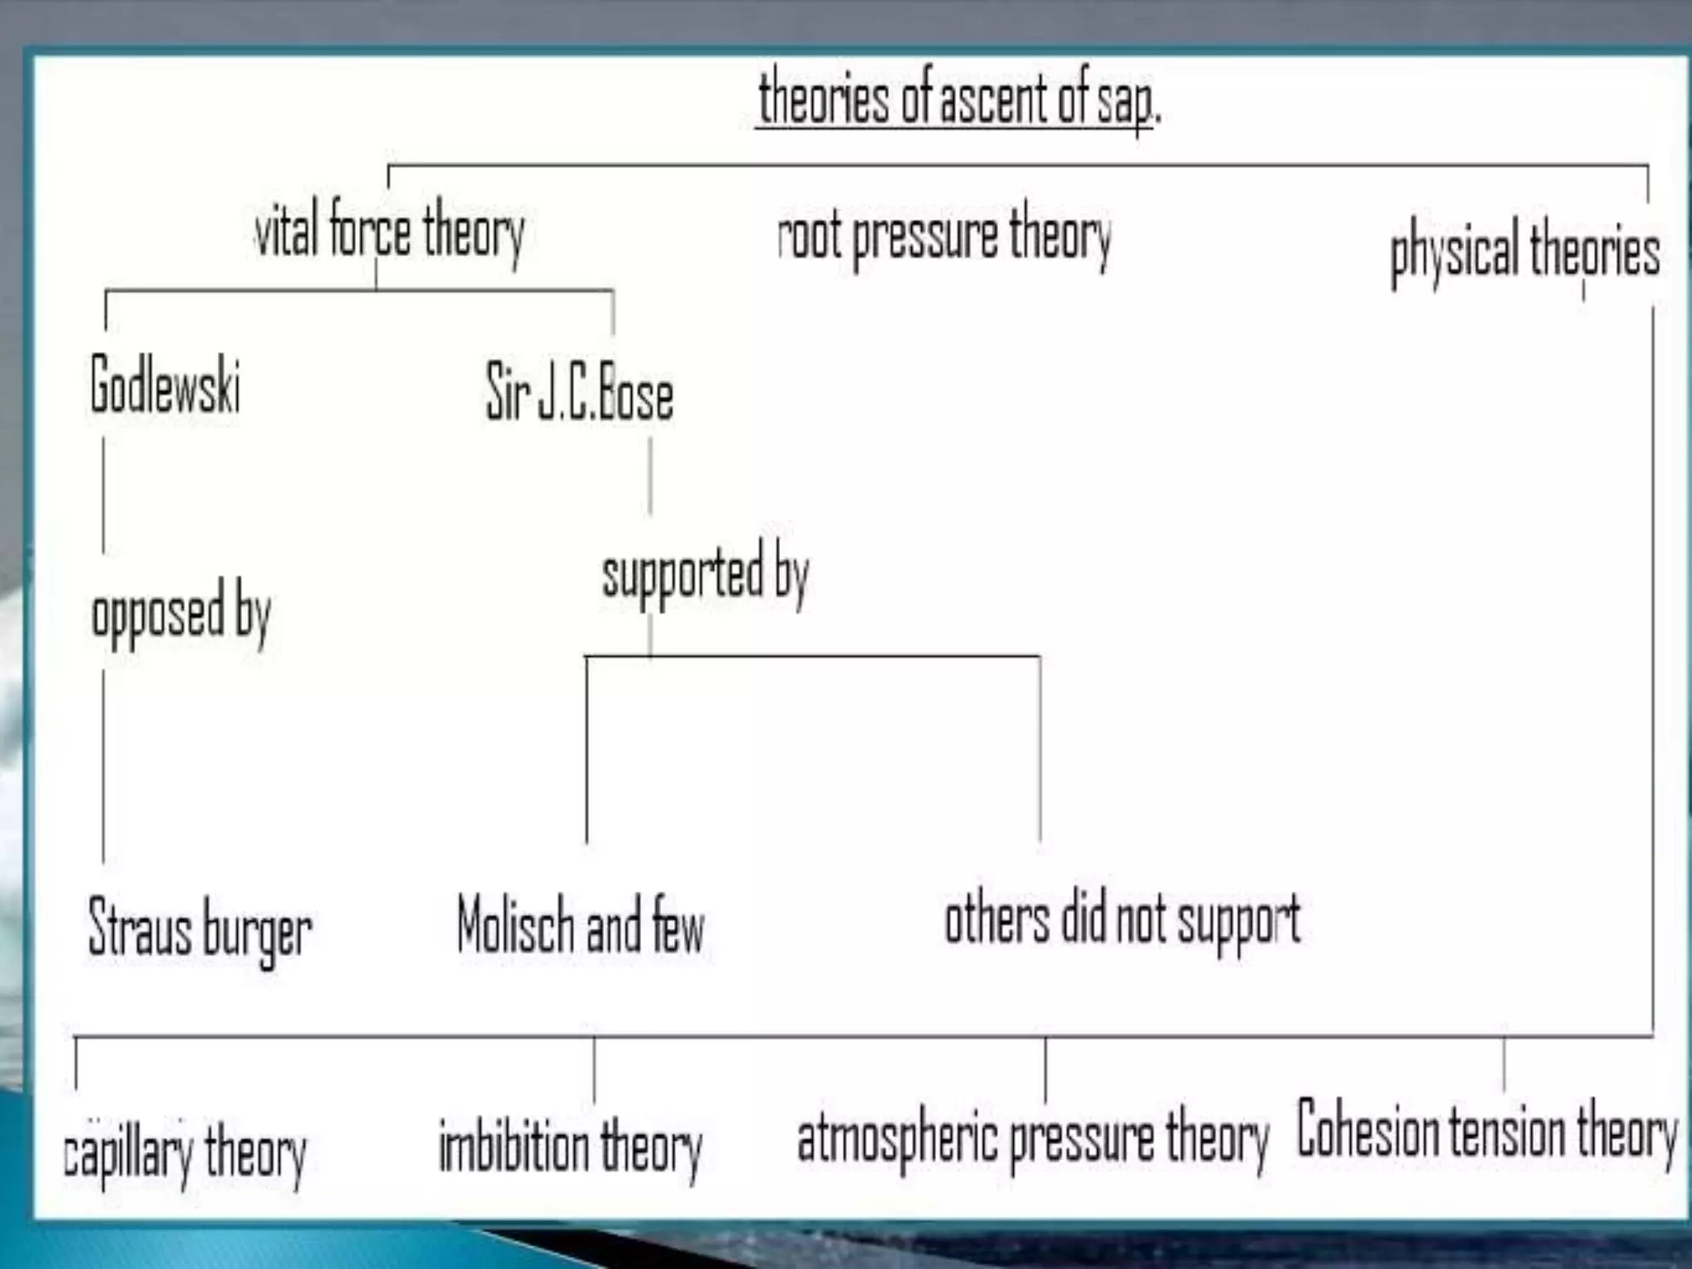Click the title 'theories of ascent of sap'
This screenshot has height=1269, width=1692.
coord(958,99)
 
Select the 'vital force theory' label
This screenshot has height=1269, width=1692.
coord(389,231)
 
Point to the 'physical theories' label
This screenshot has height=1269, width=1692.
coord(1524,251)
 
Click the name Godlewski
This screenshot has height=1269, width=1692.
coord(165,385)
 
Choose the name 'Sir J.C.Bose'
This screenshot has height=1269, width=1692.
coord(579,393)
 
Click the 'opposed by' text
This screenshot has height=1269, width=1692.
coord(181,613)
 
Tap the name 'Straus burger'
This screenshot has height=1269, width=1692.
coord(200,929)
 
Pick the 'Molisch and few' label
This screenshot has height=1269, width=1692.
coord(581,925)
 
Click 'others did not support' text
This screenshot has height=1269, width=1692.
coord(1122,920)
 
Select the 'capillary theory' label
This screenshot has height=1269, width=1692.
coord(185,1152)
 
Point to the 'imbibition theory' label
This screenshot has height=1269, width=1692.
coord(570,1147)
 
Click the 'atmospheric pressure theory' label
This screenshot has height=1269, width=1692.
coord(1033,1138)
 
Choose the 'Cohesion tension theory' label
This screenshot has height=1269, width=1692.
coord(1487,1131)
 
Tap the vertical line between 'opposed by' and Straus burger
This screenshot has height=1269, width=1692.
coord(103,764)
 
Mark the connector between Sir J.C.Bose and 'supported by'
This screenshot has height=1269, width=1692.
coord(650,477)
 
